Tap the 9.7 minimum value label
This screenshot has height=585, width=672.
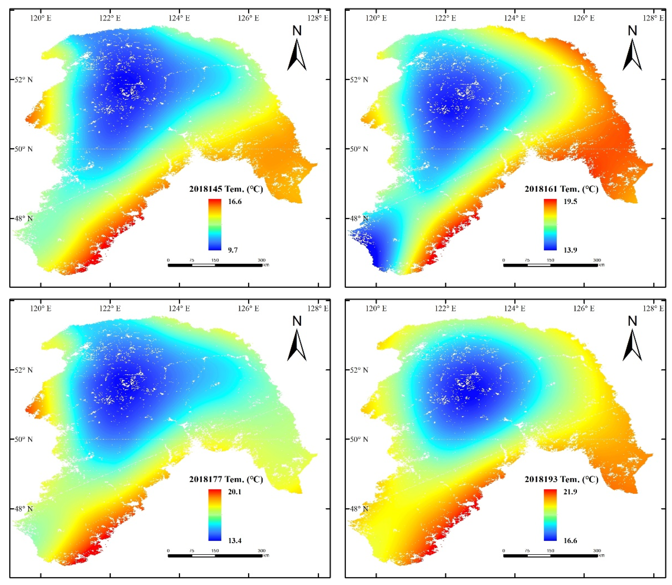pyautogui.click(x=233, y=250)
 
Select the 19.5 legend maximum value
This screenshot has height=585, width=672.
pyautogui.click(x=570, y=201)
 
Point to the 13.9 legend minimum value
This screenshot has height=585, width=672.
pyautogui.click(x=570, y=250)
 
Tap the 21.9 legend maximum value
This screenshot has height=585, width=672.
pyautogui.click(x=570, y=492)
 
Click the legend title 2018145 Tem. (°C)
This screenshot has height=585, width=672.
pyautogui.click(x=226, y=189)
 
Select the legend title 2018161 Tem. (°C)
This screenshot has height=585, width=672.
pyautogui.click(x=561, y=189)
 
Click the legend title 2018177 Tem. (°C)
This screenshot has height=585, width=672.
pyautogui.click(x=226, y=479)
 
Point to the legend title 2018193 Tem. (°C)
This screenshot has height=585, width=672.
pyautogui.click(x=561, y=479)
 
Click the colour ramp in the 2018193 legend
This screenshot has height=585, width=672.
pyautogui.click(x=550, y=516)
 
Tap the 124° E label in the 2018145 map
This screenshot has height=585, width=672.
pyautogui.click(x=179, y=18)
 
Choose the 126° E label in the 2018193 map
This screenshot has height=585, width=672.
pyautogui.click(x=584, y=308)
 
